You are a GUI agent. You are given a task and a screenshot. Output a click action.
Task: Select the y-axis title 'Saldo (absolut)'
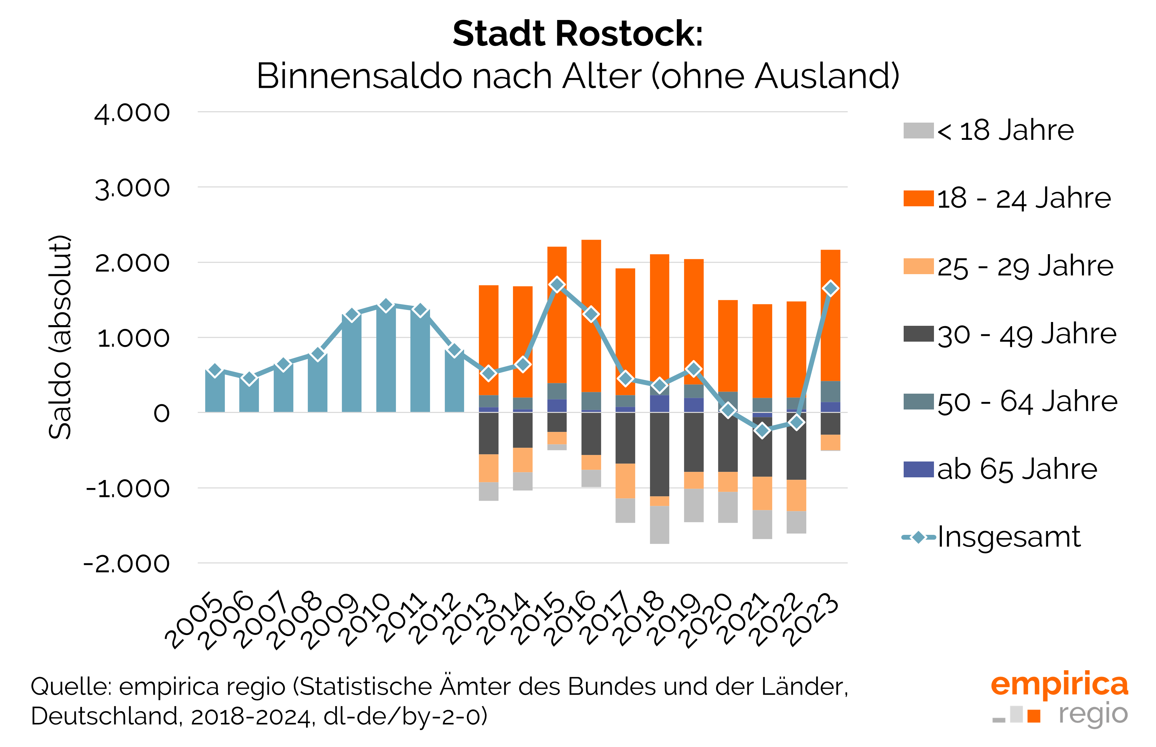click(x=60, y=337)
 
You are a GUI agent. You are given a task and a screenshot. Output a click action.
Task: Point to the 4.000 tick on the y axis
click(x=132, y=113)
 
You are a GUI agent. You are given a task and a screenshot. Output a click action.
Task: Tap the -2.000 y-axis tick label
click(x=127, y=564)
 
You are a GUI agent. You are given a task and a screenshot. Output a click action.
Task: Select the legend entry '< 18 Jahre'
click(x=989, y=131)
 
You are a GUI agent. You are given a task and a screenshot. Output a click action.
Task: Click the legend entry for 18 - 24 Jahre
click(x=1008, y=198)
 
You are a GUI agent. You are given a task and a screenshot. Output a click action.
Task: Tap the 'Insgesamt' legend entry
click(x=991, y=537)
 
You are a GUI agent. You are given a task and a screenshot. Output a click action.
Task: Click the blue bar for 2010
click(x=386, y=359)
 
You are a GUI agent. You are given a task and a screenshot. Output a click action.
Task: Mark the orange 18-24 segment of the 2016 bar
click(x=591, y=316)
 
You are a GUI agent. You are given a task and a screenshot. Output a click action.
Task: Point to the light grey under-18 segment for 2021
click(x=762, y=525)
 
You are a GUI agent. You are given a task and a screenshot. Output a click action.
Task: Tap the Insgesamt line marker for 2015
click(x=557, y=285)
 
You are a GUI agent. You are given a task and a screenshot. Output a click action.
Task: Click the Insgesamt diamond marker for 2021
click(x=762, y=430)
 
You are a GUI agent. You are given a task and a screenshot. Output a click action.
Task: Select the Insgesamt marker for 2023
click(x=831, y=289)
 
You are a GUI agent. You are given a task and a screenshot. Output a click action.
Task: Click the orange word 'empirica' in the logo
click(x=1060, y=684)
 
